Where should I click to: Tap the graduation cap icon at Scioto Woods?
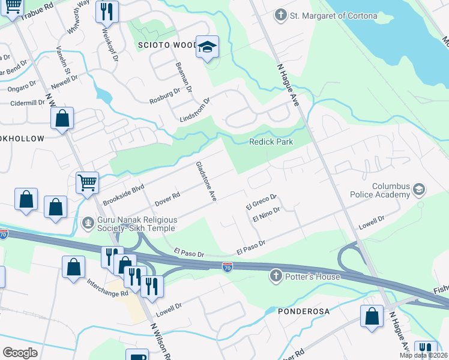pos(207,47)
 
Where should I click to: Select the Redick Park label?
pos(271,142)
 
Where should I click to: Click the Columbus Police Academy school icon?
pos(419,190)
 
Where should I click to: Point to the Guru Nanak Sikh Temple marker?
pos(88,223)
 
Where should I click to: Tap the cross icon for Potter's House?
pos(276,276)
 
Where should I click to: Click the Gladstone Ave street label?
pos(205,181)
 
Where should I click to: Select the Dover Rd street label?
pos(167,197)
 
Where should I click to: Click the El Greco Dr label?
pos(261,202)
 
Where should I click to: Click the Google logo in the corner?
pos(20,352)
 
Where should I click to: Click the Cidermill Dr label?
pos(28,103)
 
